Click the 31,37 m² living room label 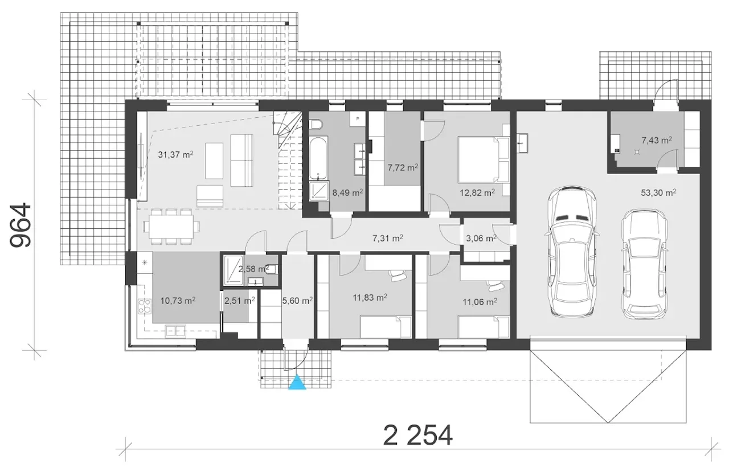pos(176,154)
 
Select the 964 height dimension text pos(21,225)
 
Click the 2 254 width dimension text pos(418,435)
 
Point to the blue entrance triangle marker pos(297,382)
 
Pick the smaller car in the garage pos(644,264)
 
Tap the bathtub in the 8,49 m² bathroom pos(318,158)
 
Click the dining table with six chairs pos(171,226)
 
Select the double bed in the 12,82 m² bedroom pos(484,159)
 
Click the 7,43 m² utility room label pos(657,140)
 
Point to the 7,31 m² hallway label pos(388,238)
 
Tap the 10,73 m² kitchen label pos(178,301)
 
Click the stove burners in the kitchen pos(145,306)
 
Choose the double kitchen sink pos(175,331)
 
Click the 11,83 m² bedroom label pos(370,297)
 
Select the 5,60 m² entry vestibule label pos(297,301)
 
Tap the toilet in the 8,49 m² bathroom pos(316,125)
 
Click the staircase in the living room pos(288,161)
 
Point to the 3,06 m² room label pos(481,238)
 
